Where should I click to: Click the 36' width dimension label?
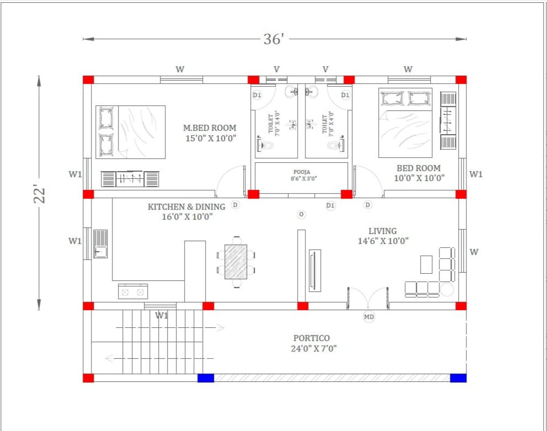click(x=273, y=39)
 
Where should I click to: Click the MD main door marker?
click(x=368, y=317)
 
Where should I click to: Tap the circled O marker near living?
click(x=301, y=214)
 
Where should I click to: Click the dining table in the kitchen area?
click(x=236, y=262)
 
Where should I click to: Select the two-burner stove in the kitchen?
click(x=133, y=291)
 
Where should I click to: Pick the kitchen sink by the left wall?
click(x=100, y=244)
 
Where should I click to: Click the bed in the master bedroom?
click(x=131, y=132)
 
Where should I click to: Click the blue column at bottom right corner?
click(x=458, y=378)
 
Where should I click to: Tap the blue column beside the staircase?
click(x=206, y=378)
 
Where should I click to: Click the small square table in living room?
click(x=426, y=264)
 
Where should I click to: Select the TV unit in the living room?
click(x=315, y=270)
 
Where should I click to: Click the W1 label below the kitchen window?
click(x=162, y=316)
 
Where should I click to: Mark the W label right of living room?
click(x=474, y=252)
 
